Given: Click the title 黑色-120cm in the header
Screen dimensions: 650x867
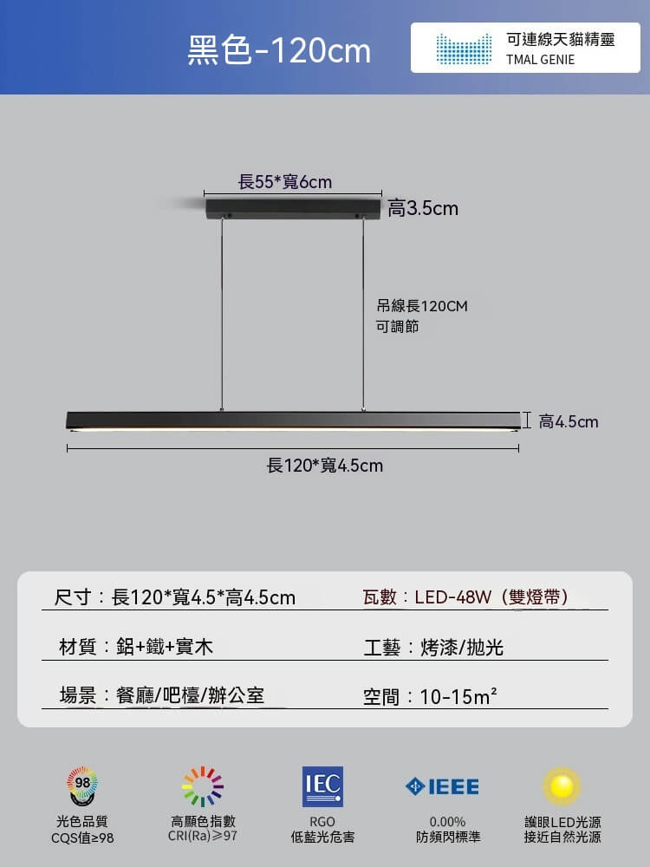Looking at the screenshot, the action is pos(279,50).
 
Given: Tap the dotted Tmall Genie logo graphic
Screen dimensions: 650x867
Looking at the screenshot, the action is pos(464,49).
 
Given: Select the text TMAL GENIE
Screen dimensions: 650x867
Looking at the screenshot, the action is pos(540,60).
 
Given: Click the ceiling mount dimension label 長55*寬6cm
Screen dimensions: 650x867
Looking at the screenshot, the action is pos(284,181).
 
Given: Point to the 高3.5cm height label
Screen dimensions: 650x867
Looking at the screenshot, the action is pos(423,208).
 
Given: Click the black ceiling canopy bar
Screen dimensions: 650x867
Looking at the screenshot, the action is pos(293,209).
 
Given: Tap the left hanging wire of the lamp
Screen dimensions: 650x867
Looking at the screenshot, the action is pos(222,315).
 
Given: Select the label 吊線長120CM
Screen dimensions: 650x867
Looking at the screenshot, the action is pos(422,306).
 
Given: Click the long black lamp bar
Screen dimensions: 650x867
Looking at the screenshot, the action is pos(294,420).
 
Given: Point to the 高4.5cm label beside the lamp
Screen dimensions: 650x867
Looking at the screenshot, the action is pos(569,422).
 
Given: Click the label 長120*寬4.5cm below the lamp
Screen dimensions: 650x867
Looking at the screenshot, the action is pos(325,466).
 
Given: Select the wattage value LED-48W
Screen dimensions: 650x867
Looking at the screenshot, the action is pos(452,597).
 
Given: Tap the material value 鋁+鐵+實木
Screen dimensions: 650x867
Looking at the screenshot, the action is pos(165,647).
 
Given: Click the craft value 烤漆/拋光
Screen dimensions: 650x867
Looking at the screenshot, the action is pos(462,647).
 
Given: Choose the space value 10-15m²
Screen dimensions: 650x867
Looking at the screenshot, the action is pos(458,696).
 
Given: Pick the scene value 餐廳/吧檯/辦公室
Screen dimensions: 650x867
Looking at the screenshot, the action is pos(190,695).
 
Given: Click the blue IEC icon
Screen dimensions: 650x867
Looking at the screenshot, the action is pos(322,786).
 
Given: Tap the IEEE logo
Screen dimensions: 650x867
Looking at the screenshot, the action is pos(442,786).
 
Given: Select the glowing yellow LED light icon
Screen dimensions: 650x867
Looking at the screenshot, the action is pos(562,786).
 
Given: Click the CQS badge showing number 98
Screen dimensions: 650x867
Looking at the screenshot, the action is pos(82,786).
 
